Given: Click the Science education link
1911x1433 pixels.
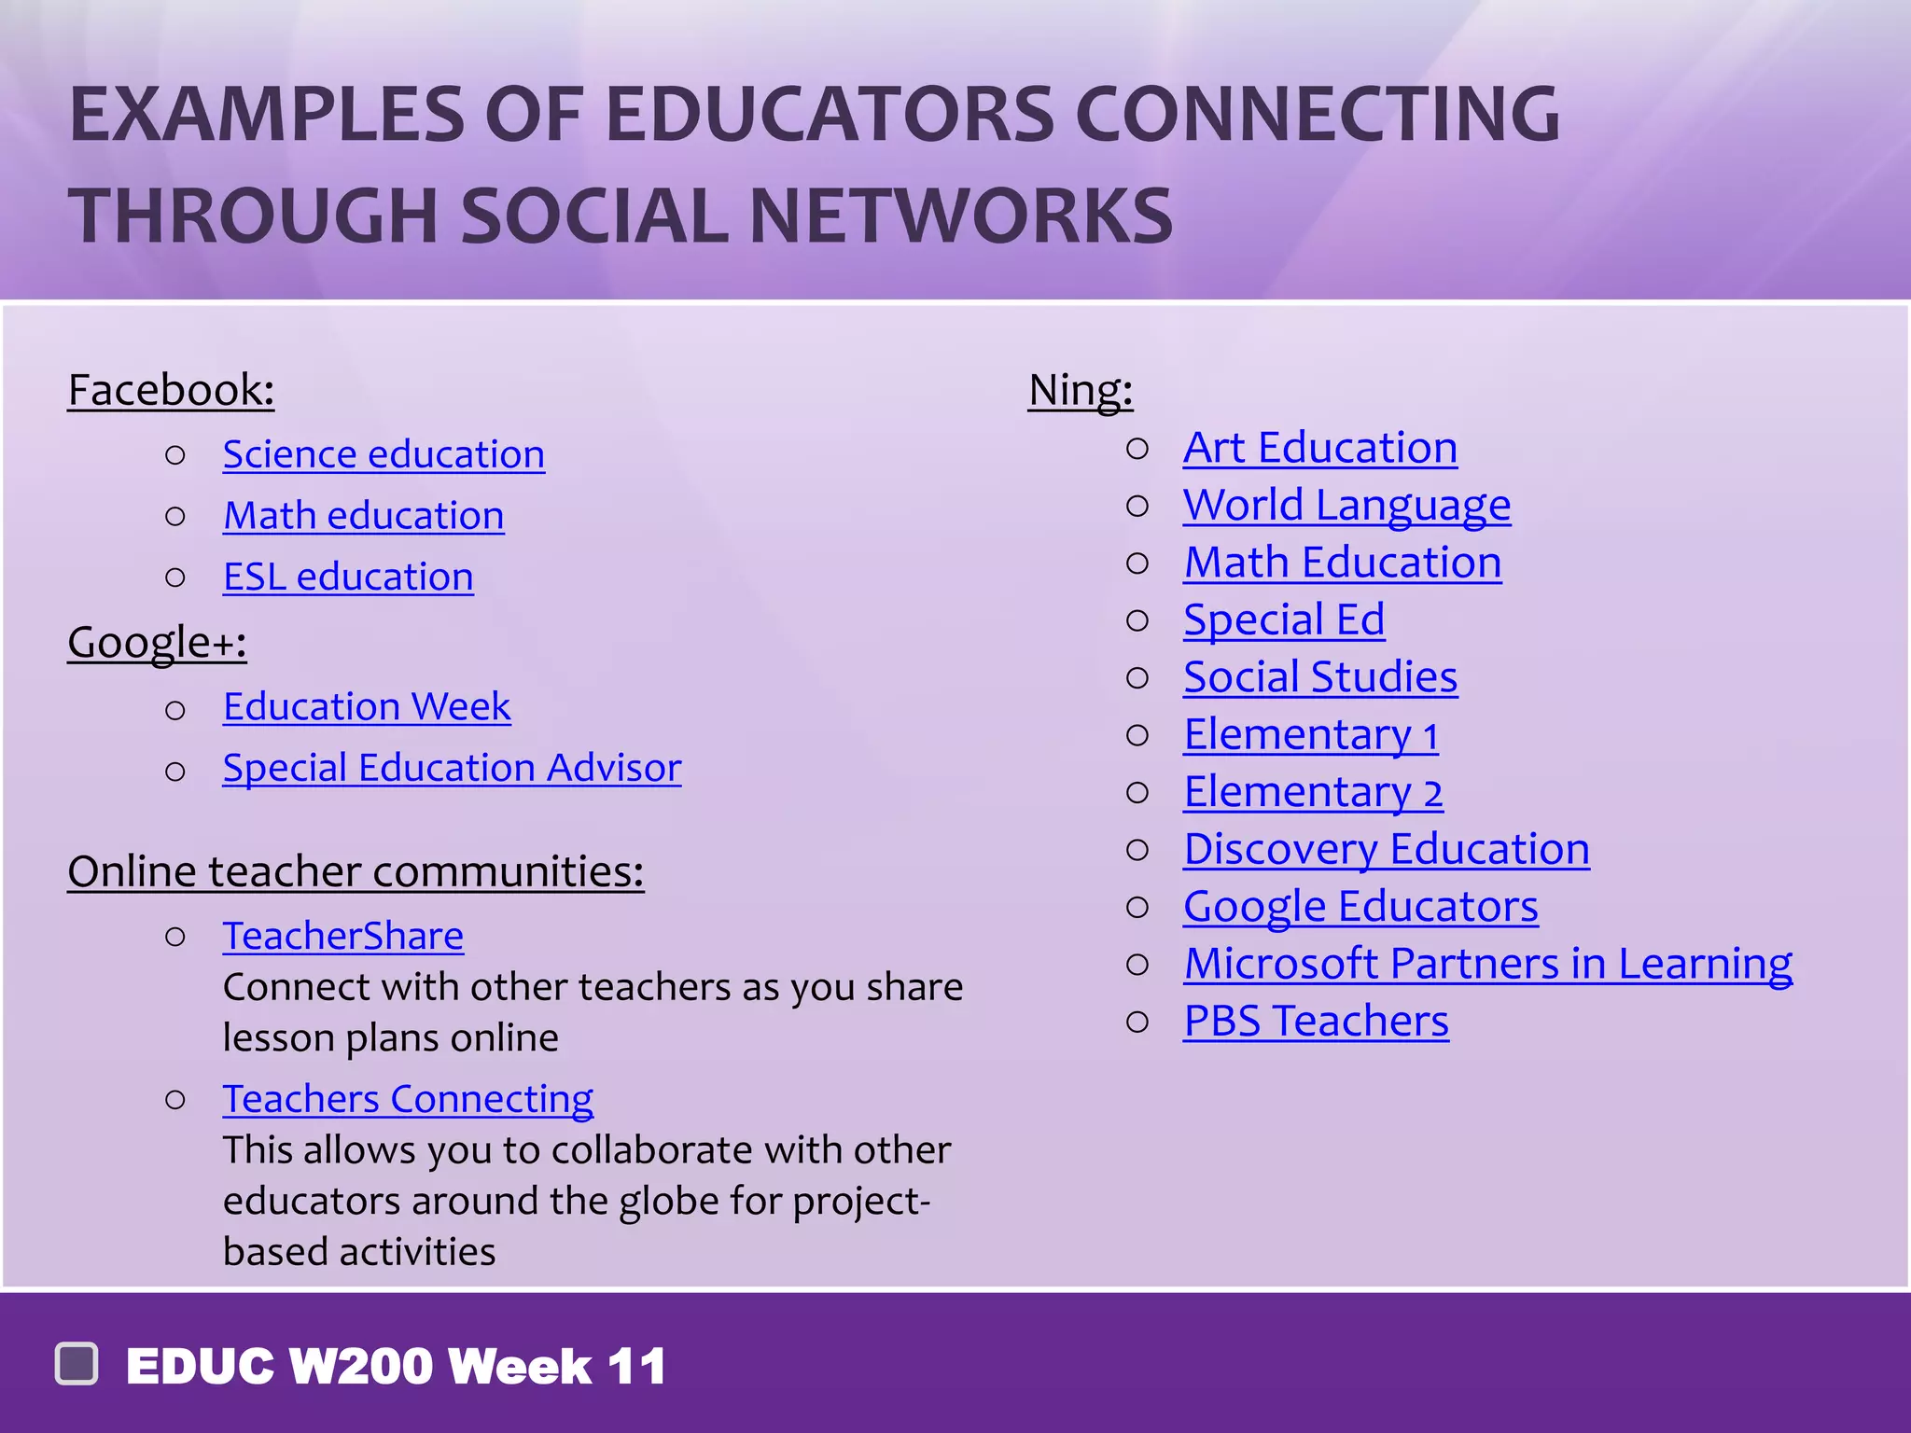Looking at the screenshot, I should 384,454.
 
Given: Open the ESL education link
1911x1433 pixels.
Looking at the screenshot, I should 348,577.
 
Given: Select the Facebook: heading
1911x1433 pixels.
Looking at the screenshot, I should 171,390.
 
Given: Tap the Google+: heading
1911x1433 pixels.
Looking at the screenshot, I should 157,642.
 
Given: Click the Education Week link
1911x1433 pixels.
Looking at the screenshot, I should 367,706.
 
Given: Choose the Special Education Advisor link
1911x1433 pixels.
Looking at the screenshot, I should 452,768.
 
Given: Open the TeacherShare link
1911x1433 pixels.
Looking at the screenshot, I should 342,936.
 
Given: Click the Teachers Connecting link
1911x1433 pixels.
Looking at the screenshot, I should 408,1099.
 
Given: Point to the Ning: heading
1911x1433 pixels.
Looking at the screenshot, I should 1080,390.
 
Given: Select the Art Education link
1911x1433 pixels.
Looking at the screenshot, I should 1319,448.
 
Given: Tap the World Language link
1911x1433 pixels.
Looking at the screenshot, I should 1346,506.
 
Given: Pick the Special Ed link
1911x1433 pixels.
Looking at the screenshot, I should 1283,619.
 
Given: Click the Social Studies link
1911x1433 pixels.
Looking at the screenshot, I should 1319,677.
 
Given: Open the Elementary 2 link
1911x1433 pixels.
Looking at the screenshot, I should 1312,792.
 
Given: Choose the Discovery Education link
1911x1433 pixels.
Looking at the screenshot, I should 1386,849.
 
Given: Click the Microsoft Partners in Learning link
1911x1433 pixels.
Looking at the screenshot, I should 1487,964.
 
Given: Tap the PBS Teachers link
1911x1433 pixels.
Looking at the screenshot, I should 1316,1021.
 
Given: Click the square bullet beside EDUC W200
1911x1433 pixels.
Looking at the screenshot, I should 77,1364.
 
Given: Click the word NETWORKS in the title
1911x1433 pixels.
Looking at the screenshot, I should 960,216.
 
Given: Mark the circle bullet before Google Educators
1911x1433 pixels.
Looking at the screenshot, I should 1137,907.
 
